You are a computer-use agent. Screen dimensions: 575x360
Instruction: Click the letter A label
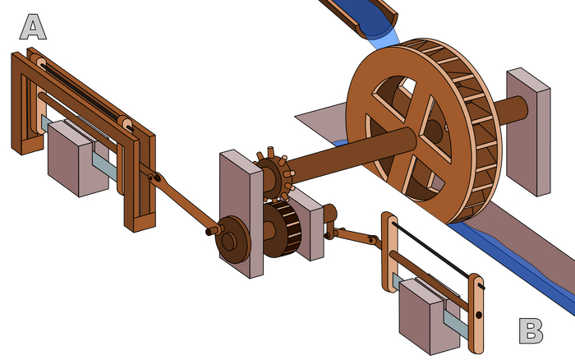33,27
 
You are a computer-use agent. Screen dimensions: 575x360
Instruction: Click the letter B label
531,330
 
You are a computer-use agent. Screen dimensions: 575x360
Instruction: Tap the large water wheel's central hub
435,131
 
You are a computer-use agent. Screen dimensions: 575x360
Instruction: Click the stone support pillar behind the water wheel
528,132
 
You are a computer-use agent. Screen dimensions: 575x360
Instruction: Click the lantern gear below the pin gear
282,228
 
